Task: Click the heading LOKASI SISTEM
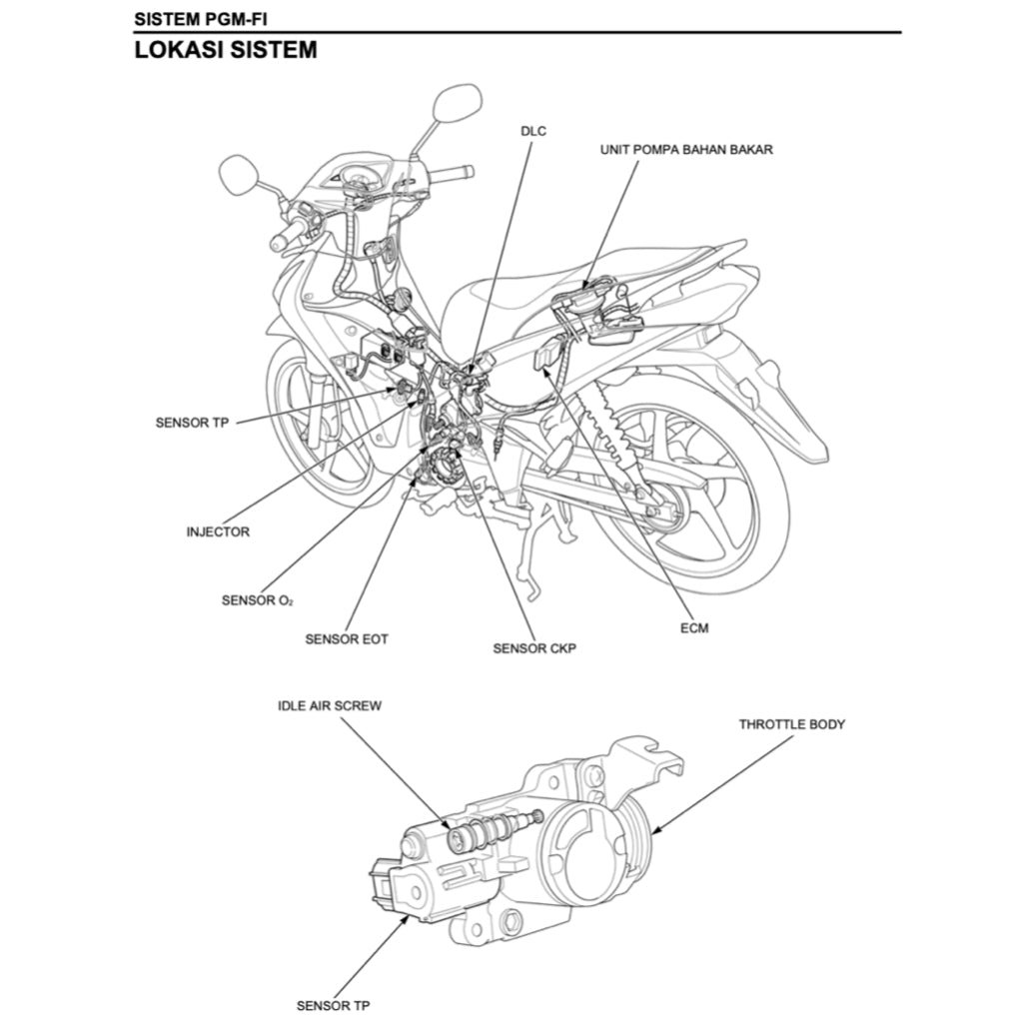click(x=226, y=50)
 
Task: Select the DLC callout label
click(x=533, y=131)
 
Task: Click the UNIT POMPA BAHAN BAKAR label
click(x=685, y=149)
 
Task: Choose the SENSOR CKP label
click(x=533, y=648)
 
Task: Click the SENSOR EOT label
click(x=346, y=638)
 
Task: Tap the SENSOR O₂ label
click(x=257, y=600)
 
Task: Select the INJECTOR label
click(x=218, y=531)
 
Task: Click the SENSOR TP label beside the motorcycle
click(x=192, y=423)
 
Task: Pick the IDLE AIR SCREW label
click(x=329, y=705)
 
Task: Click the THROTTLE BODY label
click(x=791, y=723)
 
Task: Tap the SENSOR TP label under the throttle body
click(x=333, y=1005)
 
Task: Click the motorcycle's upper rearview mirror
click(x=457, y=103)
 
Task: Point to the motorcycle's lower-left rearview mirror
click(x=239, y=175)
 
